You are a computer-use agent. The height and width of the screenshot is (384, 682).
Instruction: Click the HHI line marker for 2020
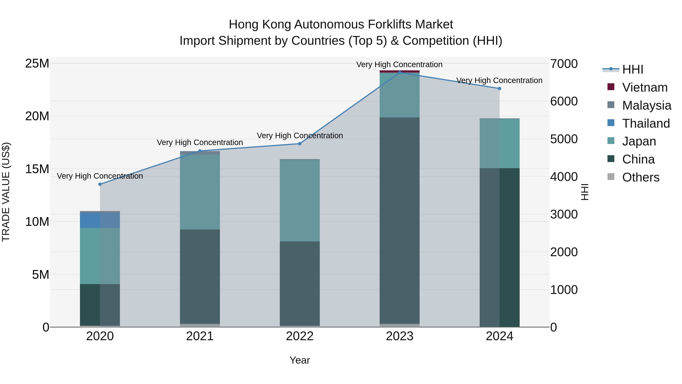(x=100, y=184)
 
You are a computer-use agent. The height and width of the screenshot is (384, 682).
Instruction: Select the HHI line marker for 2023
(x=400, y=72)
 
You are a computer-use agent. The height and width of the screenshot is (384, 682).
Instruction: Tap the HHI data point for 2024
(x=499, y=89)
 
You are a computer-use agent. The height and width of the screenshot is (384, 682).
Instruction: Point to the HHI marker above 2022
(x=300, y=144)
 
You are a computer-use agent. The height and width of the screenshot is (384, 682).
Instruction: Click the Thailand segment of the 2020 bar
(x=100, y=220)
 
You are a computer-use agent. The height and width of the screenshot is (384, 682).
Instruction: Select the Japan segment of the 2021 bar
(x=200, y=192)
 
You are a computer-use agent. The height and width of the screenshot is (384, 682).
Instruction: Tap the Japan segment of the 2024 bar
(x=499, y=143)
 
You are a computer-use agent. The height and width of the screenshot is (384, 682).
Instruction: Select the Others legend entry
(x=641, y=177)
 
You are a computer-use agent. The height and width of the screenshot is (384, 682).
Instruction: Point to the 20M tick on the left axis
(x=37, y=116)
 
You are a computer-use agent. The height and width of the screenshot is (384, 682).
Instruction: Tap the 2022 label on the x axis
(x=300, y=336)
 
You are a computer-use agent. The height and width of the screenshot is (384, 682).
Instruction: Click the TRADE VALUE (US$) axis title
(x=6, y=192)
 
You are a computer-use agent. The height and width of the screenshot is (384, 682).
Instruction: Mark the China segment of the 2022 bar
(x=300, y=283)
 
